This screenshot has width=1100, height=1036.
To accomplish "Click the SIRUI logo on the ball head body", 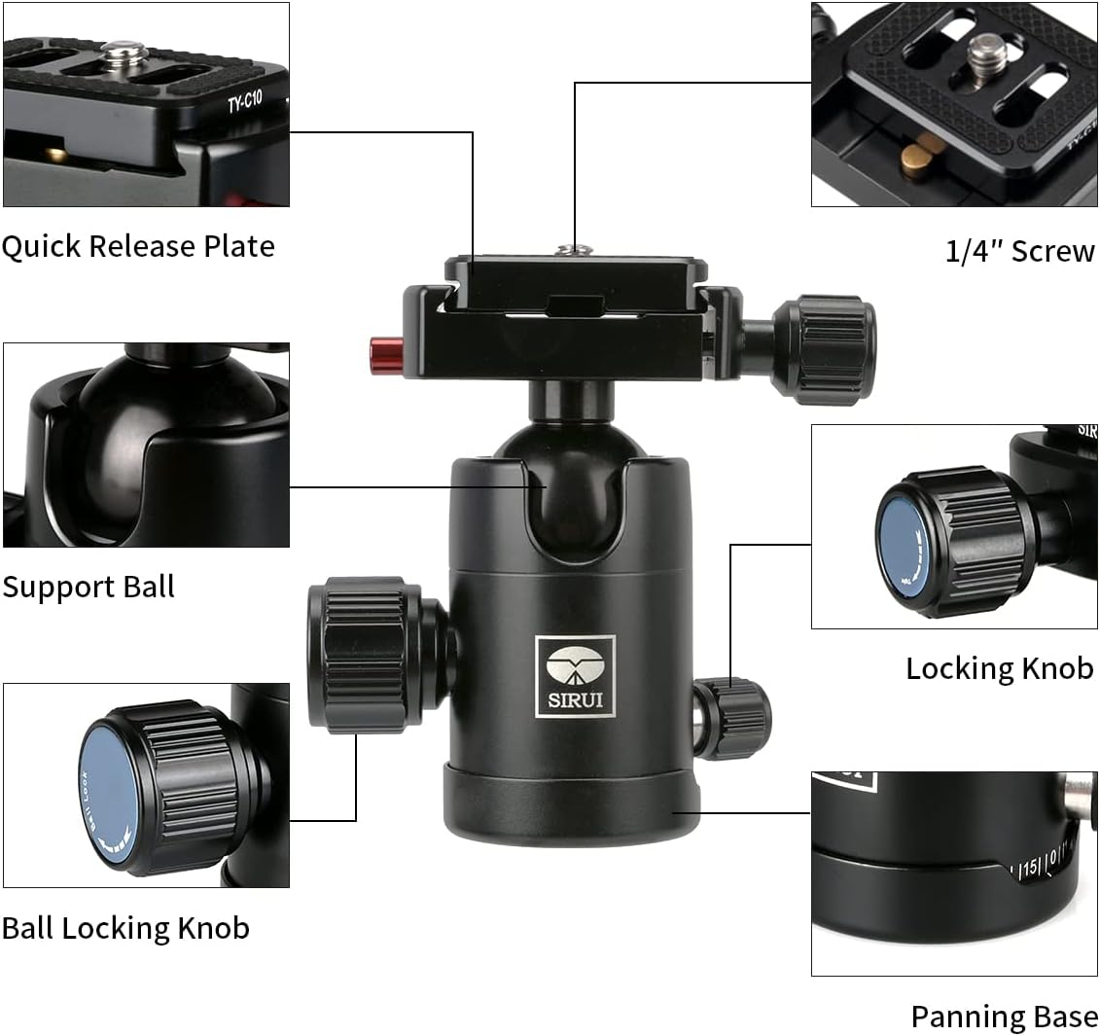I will pyautogui.click(x=575, y=677).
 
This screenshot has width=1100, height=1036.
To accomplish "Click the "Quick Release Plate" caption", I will pyautogui.click(x=138, y=246).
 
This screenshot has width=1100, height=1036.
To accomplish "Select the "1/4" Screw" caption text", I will pyautogui.click(x=1019, y=251).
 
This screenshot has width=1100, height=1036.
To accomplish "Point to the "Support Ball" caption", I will pyautogui.click(x=89, y=587).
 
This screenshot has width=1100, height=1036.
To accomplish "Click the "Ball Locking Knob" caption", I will pyautogui.click(x=125, y=928).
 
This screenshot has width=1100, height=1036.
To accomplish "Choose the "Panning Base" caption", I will pyautogui.click(x=1004, y=1017).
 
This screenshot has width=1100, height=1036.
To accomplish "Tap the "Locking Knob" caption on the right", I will pyautogui.click(x=999, y=668).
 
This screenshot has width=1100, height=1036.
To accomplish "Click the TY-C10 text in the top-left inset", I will pyautogui.click(x=244, y=102).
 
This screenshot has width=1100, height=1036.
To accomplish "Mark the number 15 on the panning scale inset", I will pyautogui.click(x=1029, y=869).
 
